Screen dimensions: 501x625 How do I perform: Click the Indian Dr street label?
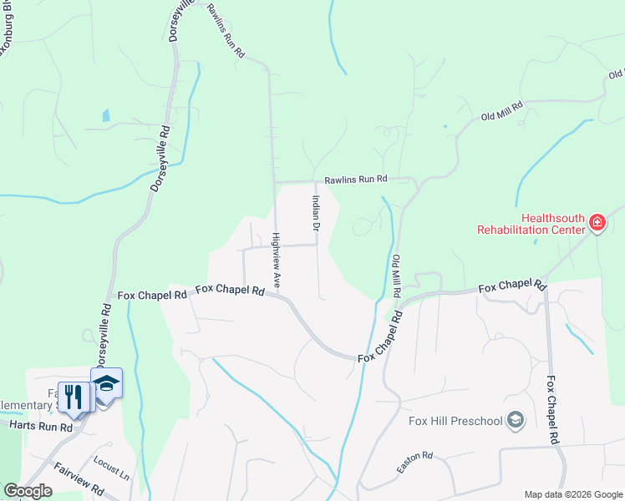tap(316, 214)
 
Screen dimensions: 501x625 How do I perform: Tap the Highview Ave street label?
tap(277, 261)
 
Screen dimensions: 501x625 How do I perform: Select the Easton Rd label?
tap(414, 468)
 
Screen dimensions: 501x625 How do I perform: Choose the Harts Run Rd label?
tap(42, 426)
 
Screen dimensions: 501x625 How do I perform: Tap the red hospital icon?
tap(597, 223)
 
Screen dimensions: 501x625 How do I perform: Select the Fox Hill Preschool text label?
tap(456, 419)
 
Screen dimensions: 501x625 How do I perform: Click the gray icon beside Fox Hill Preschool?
tap(516, 419)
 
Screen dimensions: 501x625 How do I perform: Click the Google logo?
tap(28, 491)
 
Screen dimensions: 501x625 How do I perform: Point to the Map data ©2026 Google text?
tap(572, 494)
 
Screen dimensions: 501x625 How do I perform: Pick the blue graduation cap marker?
tap(106, 384)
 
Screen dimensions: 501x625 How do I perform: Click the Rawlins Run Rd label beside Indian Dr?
tap(357, 179)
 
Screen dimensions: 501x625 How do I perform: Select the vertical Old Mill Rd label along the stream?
tap(397, 278)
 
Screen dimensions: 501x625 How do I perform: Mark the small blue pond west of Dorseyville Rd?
tap(106, 116)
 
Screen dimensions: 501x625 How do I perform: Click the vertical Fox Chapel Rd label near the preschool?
tap(552, 409)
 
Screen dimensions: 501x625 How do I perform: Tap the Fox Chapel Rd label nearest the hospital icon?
tap(512, 286)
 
